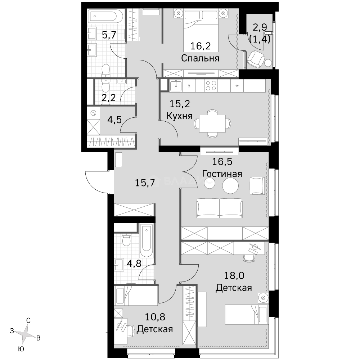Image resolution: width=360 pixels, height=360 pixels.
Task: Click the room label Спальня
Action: tap(200, 58)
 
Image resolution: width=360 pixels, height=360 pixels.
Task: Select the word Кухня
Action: tap(180, 116)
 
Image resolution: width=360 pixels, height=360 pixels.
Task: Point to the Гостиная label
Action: tap(222, 173)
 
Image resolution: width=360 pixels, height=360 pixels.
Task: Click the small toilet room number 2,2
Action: tap(109, 98)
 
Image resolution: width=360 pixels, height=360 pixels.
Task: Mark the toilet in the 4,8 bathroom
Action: tap(126, 240)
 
